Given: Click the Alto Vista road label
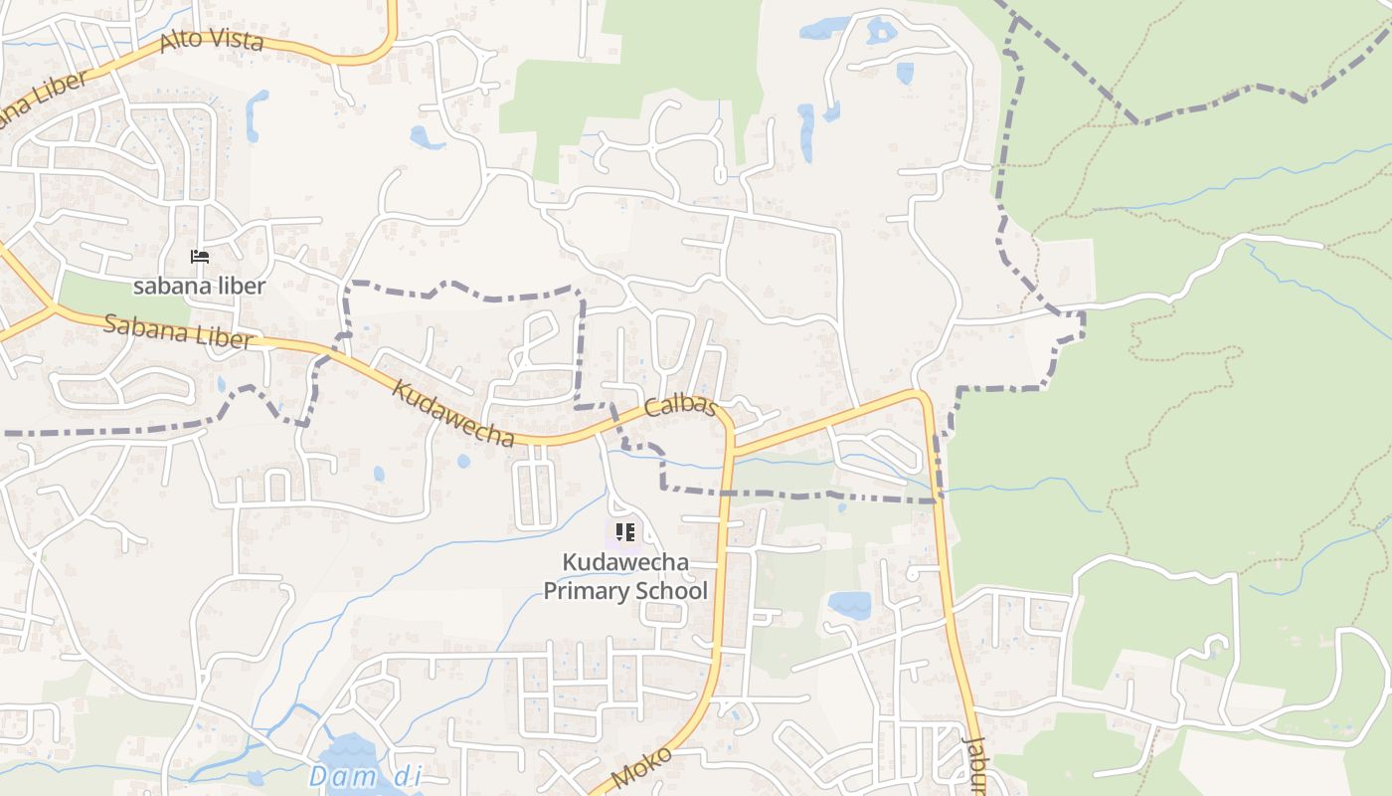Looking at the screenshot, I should (211, 40).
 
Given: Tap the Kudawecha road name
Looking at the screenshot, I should (452, 413).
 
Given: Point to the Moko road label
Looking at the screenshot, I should (641, 768).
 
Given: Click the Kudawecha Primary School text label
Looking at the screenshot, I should (625, 576).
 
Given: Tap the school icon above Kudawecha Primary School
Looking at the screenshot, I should (624, 532).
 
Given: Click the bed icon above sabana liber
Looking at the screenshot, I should (200, 257).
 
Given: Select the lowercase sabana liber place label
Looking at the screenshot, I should (200, 287).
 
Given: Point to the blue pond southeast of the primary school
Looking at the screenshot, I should (850, 604).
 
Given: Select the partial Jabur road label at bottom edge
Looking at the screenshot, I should (974, 766).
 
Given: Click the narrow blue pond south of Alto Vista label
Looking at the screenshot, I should (257, 114).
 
